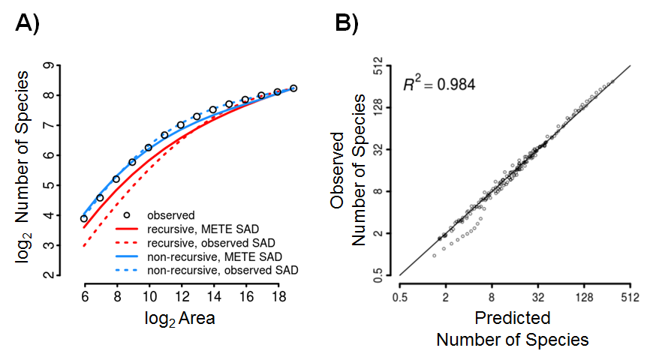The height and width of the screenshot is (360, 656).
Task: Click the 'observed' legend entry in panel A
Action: (x=171, y=215)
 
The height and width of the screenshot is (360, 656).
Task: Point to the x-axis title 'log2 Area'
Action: (x=180, y=318)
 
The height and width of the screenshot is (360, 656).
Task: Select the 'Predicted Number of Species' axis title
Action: (x=513, y=328)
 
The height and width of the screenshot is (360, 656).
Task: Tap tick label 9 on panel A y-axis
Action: (x=49, y=66)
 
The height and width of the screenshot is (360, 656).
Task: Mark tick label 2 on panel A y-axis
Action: (x=49, y=275)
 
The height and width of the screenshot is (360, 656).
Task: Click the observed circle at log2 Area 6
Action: (x=84, y=219)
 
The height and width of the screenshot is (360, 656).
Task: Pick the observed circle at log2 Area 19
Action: (x=293, y=88)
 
